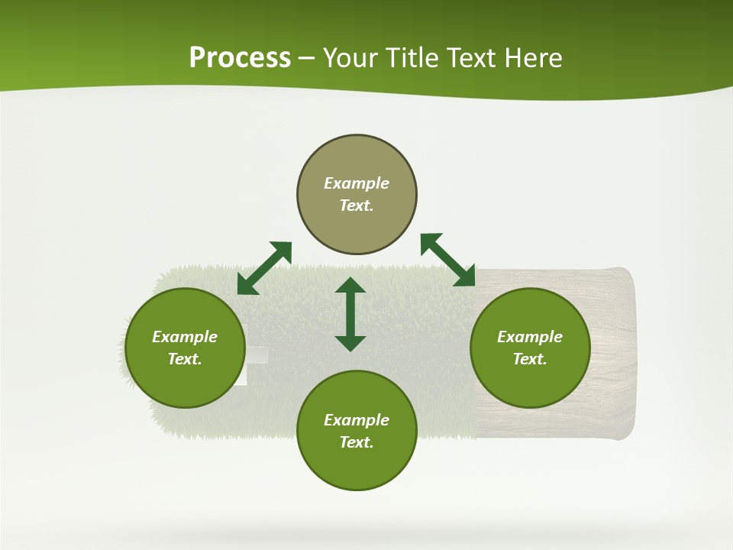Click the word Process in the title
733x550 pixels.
coord(240,58)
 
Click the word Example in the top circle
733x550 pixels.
coord(357,183)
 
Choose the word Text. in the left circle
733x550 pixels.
coord(185,359)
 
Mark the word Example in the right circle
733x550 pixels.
coord(530,337)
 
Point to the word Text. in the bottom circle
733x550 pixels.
coord(357,442)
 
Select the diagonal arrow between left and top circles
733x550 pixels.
coord(264,268)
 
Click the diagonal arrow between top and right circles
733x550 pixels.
coord(448,260)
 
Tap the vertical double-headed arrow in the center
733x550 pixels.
coord(350,314)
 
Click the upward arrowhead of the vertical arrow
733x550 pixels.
coord(350,285)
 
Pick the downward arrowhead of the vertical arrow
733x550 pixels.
coord(350,343)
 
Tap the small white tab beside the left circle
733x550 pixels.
coord(257,356)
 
